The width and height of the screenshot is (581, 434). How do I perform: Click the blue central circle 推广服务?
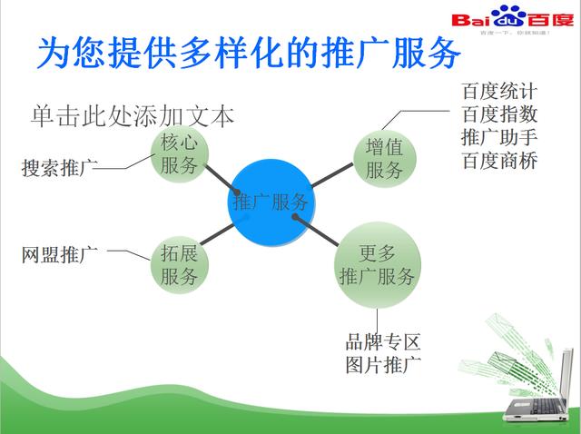(271, 202)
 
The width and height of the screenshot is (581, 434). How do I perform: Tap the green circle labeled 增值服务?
(384, 157)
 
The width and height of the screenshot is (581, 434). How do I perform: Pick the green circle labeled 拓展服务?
(179, 264)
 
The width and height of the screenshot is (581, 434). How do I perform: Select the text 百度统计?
(499, 92)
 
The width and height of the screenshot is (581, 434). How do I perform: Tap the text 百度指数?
(499, 115)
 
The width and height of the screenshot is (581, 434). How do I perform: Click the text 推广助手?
(499, 138)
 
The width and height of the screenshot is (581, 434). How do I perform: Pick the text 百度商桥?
(499, 162)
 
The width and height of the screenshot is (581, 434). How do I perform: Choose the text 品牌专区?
(383, 342)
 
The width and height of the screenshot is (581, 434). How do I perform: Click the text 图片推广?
(383, 366)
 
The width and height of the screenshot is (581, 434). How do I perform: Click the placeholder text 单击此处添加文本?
(133, 116)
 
